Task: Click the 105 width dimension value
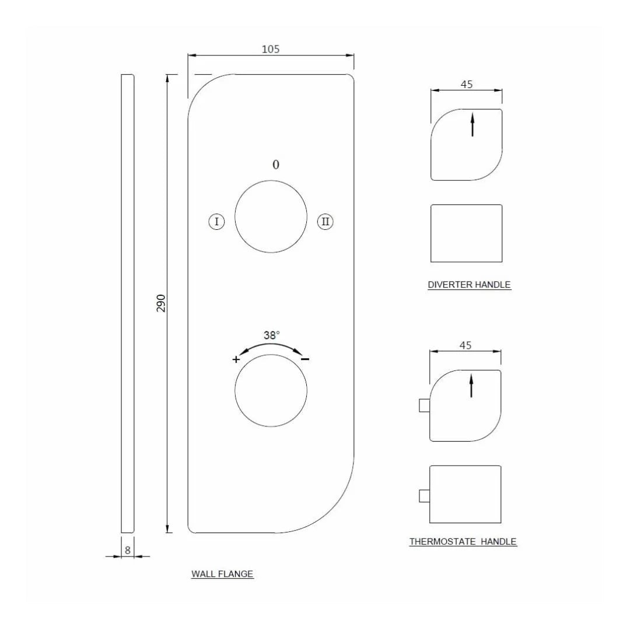pos(270,49)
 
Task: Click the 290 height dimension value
pos(161,303)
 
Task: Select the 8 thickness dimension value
pos(128,549)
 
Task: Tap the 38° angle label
pos(271,335)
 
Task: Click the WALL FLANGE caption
pos(222,574)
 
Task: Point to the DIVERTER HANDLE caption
pos(469,285)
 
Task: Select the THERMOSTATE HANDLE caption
pos(463,541)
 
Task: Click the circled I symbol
pos(216,222)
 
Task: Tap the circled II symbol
pos(325,222)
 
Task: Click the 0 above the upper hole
pos(276,164)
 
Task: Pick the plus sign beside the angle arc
pos(236,359)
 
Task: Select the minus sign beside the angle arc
pos(305,359)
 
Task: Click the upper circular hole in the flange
pos(271,216)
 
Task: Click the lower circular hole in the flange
pos(271,390)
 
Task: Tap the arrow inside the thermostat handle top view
pos(471,386)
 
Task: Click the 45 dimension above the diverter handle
pos(467,84)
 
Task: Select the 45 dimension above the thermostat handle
pos(465,345)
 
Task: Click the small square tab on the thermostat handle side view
pos(424,496)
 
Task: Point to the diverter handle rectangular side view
pos(466,233)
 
